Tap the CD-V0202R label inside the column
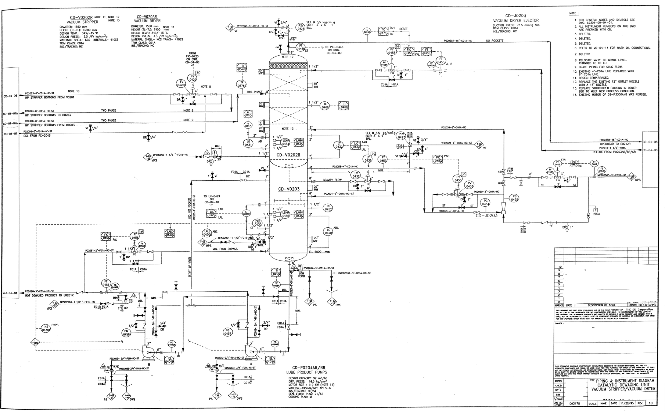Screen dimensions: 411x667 pos(288,155)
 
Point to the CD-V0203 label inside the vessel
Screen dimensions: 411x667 pos(289,189)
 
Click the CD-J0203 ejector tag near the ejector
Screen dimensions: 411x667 pos(486,215)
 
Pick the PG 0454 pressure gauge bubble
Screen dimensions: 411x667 pos(485,203)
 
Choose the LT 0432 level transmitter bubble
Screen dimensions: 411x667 pos(339,145)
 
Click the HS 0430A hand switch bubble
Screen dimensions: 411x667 pos(46,328)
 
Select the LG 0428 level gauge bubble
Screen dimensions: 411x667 pos(328,231)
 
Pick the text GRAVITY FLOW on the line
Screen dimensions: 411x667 pos(332,180)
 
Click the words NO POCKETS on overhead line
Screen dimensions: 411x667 pos(495,41)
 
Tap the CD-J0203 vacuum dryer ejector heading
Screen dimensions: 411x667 pos(516,18)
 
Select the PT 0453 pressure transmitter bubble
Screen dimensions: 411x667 pos(383,159)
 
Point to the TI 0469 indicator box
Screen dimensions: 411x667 pos(343,106)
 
